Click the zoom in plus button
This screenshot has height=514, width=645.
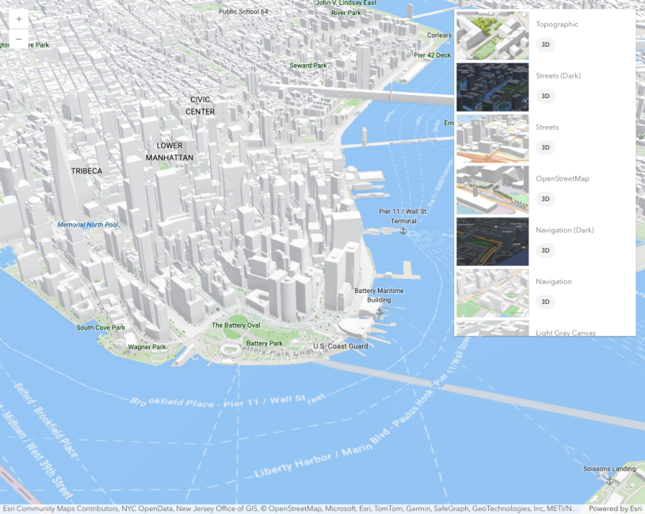[x=19, y=19]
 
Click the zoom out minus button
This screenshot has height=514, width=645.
[x=19, y=39]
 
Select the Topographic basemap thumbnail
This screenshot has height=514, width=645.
[x=492, y=36]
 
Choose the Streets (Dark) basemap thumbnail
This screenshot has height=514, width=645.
[x=492, y=87]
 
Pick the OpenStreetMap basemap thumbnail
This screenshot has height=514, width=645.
[x=492, y=190]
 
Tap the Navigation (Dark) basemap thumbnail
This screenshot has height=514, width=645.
[x=492, y=242]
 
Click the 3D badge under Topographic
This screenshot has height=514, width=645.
[x=545, y=44]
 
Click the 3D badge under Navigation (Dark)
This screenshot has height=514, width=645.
[x=545, y=250]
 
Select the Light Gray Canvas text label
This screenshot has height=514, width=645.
[x=565, y=333]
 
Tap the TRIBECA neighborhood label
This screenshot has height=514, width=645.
[x=86, y=171]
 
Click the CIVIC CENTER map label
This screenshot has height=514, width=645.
[x=200, y=105]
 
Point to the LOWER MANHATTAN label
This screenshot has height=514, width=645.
[x=170, y=151]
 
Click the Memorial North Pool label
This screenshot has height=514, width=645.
[x=88, y=225]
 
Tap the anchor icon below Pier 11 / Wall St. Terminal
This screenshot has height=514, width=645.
[x=403, y=230]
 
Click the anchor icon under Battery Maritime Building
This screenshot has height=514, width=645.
[x=379, y=310]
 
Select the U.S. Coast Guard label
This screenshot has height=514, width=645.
[x=340, y=346]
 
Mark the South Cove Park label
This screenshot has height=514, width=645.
[x=101, y=327]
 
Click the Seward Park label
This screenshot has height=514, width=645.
[x=307, y=66]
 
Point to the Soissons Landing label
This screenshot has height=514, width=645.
[x=609, y=469]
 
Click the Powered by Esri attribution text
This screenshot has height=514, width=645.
[x=615, y=508]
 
